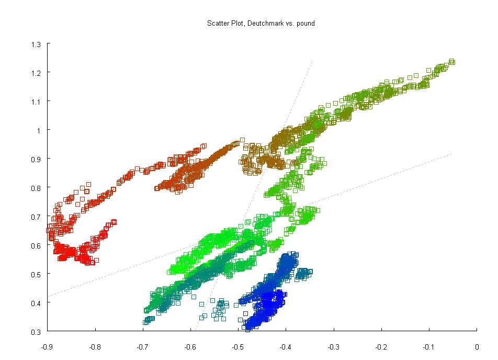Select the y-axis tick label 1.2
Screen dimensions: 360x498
37,72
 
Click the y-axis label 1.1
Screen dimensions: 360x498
37,101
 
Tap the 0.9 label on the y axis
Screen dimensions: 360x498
37,159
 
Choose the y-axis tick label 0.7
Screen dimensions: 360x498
37,216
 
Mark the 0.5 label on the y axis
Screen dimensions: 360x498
37,274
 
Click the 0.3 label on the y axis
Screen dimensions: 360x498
37,331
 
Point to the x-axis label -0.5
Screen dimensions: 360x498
238,346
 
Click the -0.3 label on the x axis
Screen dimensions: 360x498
333,346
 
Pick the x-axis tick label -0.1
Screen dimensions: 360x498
428,346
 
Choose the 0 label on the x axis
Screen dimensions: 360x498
477,346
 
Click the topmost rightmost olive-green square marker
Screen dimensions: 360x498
452,62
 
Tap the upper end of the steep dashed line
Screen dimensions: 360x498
312,61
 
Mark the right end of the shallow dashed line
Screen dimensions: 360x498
451,153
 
